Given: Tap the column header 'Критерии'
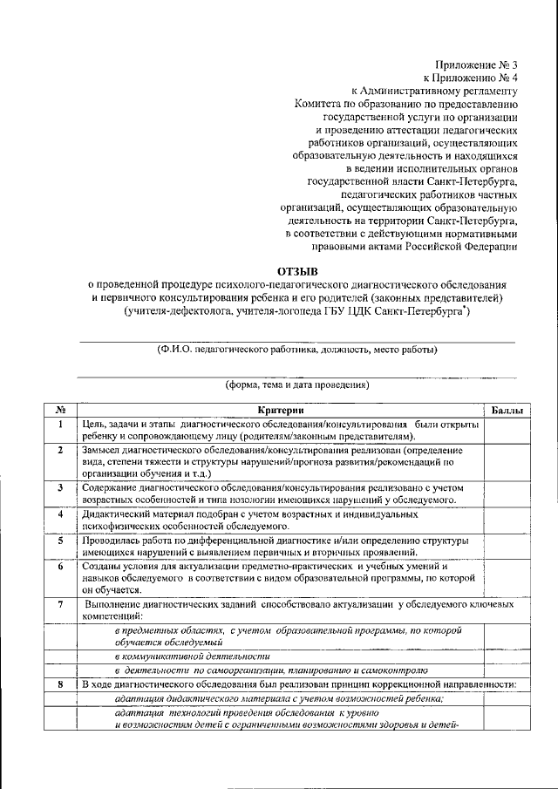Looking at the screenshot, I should click(281, 410).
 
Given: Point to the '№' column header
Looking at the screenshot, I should click(60, 410).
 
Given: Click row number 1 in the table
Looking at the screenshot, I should click(60, 425).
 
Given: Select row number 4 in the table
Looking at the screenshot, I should click(60, 515).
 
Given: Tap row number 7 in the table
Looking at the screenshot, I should click(60, 603).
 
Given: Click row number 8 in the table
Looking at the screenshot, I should click(60, 685).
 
